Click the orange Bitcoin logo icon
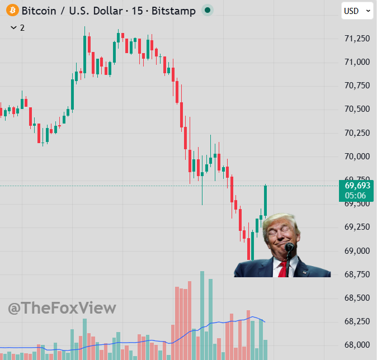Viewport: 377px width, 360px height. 12,10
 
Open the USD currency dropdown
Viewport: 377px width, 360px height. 357,11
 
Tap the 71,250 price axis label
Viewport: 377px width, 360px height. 357,39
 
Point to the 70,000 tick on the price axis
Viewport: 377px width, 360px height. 357,157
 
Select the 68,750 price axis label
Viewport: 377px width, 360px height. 357,274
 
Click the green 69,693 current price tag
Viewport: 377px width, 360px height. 357,186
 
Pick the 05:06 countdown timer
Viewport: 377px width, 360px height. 356,196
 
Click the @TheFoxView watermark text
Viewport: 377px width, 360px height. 62,308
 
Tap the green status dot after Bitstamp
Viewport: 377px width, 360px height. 207,10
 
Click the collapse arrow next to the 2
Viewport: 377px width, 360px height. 13,27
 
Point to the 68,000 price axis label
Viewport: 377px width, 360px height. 357,345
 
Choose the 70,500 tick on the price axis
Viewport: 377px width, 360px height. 357,109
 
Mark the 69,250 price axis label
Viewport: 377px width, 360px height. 357,227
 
